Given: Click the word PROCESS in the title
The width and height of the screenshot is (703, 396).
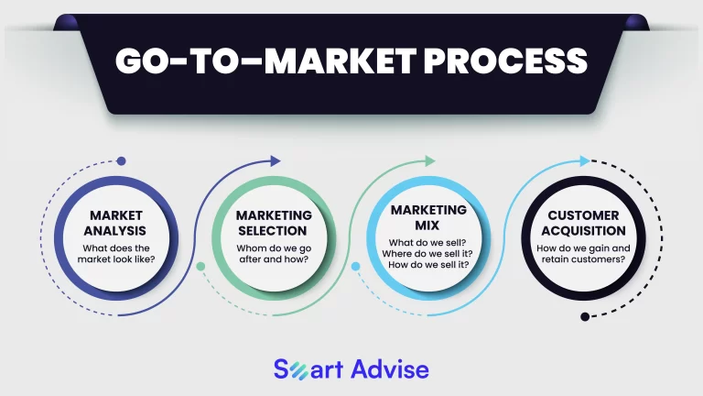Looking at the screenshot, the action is point(505,60).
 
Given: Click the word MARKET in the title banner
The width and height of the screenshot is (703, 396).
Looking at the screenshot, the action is point(341,60).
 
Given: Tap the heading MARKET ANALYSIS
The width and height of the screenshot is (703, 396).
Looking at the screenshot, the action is point(115,223).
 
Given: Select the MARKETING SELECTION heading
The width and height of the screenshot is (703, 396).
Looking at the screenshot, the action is point(274,223).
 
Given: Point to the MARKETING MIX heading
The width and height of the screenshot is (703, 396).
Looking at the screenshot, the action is point(428,217).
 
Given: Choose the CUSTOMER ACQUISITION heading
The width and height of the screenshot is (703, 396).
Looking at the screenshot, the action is point(583,223).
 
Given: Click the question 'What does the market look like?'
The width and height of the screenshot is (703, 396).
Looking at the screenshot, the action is point(116,254).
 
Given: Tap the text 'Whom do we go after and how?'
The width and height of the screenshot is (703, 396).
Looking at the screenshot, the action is point(274,254).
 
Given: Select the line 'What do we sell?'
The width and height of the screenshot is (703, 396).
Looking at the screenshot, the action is point(427,243).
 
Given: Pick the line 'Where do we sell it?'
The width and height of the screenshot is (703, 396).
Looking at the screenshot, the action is point(427,254).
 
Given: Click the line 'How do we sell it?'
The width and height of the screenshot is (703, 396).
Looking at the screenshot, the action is point(428,264).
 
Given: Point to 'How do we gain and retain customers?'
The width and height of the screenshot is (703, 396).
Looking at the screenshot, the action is point(583,254).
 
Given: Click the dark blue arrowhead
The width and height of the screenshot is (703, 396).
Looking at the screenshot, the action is point(276,161).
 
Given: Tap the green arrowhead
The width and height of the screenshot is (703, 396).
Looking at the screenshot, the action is point(430,160).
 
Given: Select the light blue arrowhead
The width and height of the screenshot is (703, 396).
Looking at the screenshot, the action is point(585,160).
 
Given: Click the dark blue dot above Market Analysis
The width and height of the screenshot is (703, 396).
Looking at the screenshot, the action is point(121,160).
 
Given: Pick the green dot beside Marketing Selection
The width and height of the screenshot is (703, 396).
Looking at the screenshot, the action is point(200,266).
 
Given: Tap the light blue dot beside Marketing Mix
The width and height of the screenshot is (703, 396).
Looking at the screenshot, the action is point(355,266).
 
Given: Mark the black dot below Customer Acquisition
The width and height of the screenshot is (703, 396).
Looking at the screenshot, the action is point(585,316).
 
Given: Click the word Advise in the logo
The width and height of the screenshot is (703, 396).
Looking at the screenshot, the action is point(390,369).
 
